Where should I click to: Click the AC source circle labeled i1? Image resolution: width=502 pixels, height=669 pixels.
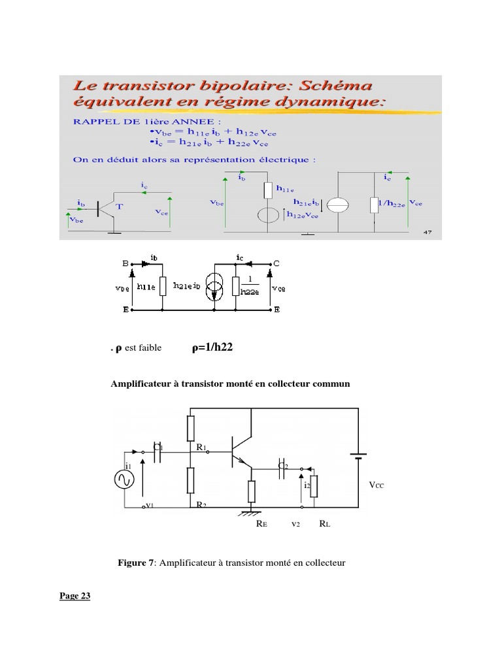coord(124,480)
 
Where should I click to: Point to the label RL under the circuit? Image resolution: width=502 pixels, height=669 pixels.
coord(325,524)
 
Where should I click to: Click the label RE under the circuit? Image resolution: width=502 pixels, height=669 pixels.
coord(261,524)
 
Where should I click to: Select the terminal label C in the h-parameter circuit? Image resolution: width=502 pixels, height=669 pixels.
coord(276,264)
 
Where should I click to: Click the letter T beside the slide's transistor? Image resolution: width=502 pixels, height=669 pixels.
coord(120,206)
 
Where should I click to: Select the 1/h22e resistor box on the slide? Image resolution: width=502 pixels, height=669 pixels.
coord(375,205)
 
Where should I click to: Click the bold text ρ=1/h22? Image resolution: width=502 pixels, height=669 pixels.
coord(212,348)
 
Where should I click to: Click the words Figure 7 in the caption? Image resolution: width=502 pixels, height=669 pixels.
coord(135,562)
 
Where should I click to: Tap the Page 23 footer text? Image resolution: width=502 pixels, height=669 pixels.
coord(75,595)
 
